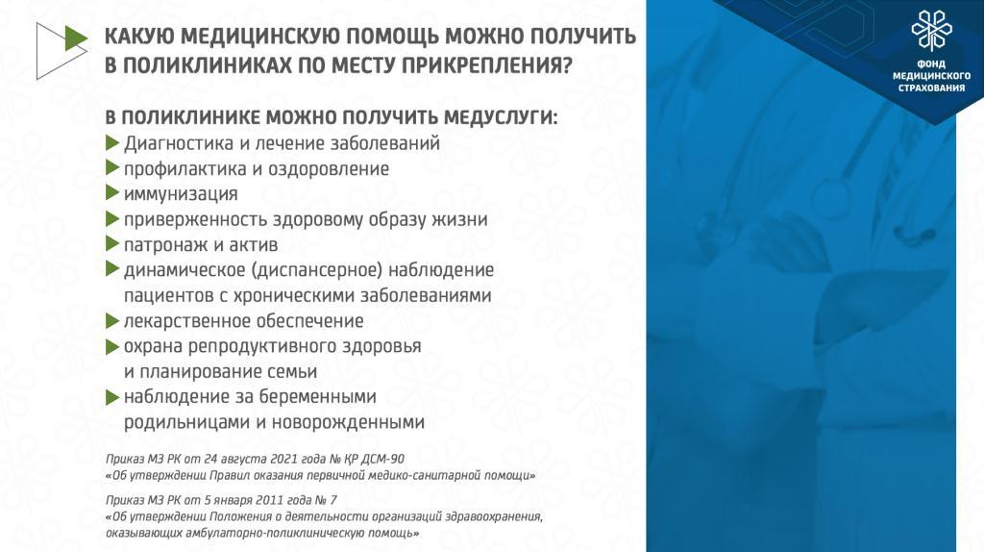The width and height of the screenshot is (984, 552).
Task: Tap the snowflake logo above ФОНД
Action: coord(931,30)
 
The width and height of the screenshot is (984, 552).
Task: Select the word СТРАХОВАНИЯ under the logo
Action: coord(931,88)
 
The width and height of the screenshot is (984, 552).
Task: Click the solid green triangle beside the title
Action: coord(76,38)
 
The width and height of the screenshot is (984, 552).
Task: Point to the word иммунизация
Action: coord(181,194)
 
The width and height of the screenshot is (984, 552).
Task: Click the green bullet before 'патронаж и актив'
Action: coord(112,243)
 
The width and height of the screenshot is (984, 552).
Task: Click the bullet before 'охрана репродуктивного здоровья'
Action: coord(112,346)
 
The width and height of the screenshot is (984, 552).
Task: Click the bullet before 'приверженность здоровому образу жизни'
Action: coord(112,218)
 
